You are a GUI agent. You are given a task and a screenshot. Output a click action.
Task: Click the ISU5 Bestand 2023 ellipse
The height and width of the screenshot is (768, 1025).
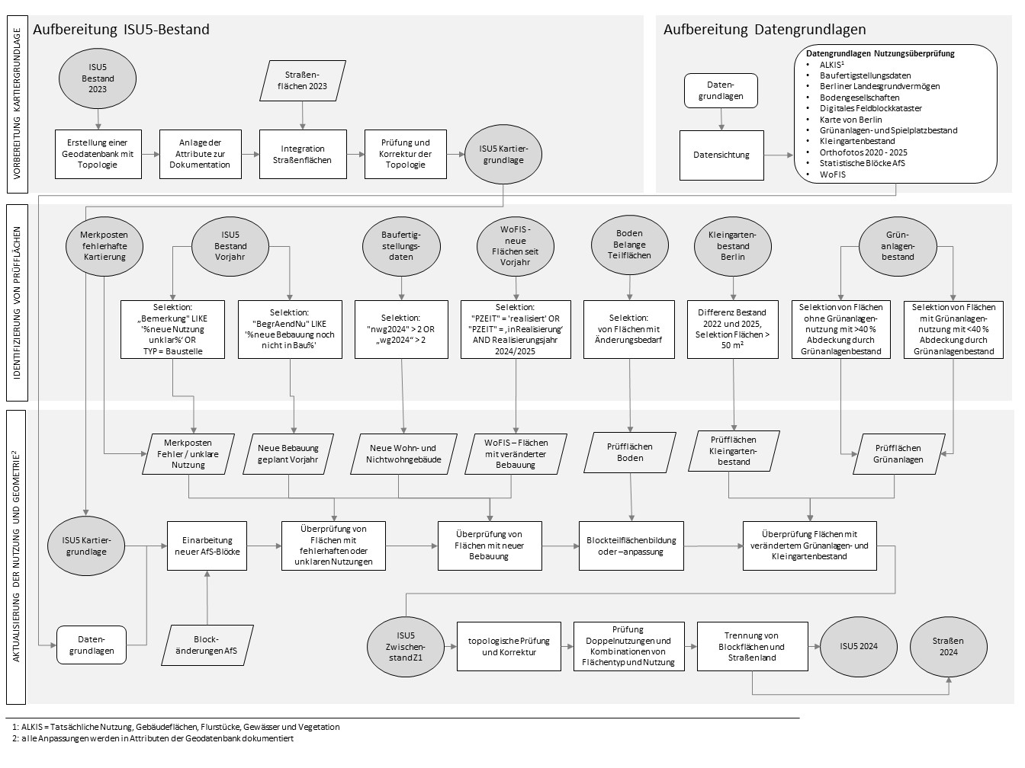point(98,78)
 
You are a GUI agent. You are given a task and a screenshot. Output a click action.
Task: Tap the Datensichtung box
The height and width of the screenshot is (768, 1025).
point(721,155)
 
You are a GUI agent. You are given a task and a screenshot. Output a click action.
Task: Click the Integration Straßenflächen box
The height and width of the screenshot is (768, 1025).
point(303,154)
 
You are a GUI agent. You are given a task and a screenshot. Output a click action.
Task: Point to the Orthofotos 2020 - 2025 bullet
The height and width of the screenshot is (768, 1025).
point(863,152)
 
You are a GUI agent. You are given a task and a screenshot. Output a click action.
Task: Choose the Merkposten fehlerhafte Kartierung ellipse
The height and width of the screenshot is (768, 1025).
point(104,245)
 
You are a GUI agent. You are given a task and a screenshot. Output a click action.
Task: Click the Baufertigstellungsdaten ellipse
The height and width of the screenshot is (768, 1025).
point(401,245)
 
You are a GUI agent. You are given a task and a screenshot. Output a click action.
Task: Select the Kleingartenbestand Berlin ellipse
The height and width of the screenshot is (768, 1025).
point(733,246)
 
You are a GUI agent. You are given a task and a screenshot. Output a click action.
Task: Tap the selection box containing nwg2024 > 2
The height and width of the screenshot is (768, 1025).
point(401,329)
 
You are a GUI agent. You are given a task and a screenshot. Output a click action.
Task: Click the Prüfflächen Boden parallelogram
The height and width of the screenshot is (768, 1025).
point(630,452)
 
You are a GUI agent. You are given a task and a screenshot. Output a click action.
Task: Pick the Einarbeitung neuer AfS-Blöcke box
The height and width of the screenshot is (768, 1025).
point(206,546)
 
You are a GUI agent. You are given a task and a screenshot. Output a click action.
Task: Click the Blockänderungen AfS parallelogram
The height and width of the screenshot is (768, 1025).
point(206,645)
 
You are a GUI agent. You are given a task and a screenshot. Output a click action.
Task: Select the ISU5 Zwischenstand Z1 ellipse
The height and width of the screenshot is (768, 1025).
point(405,646)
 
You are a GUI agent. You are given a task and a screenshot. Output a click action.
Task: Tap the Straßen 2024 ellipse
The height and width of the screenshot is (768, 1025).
point(948,646)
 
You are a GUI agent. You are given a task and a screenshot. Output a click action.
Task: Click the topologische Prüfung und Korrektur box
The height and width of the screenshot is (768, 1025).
point(509,646)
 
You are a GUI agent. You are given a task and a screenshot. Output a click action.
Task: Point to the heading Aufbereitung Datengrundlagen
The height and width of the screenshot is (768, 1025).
point(764,30)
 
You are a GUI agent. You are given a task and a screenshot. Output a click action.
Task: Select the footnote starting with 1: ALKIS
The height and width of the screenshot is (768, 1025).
point(176,727)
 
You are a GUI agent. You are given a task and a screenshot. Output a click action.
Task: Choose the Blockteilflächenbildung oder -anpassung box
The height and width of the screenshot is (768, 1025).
point(631,546)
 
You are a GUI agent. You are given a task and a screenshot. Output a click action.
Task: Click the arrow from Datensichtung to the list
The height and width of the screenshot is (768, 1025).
point(778,155)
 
